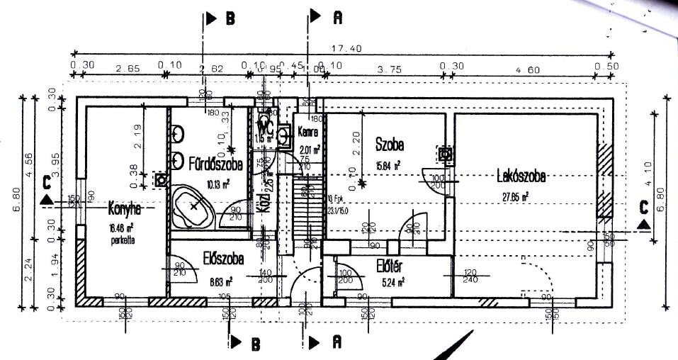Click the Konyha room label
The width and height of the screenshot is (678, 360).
pos(125,209)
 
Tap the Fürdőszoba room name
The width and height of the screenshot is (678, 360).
pos(215,164)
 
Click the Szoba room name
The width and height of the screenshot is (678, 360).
pos(390,145)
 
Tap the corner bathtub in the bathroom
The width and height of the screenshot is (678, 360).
pos(194,206)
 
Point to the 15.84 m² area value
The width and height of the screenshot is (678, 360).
pos(389,165)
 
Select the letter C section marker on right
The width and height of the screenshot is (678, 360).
pos(643,208)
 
